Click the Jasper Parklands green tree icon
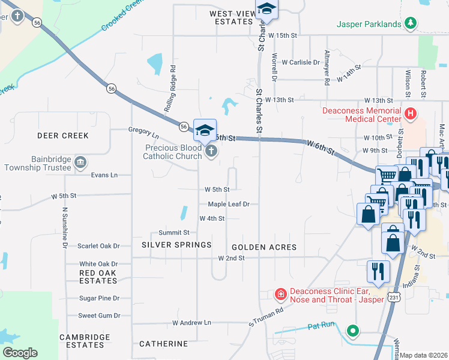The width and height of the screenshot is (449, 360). click(411, 23)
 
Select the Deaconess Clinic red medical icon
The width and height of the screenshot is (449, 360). click(280, 294)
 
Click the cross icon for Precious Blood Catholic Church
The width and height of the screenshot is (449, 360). click(211, 152)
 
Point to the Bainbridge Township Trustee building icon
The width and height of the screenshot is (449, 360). click(80, 162)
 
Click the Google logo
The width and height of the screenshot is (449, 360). click(20, 352)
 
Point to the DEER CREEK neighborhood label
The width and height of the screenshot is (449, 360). click(63, 136)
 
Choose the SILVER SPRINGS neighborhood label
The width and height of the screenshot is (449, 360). click(176, 245)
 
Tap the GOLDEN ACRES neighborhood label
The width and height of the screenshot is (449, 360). click(264, 247)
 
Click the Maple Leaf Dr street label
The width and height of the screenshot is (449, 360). click(228, 204)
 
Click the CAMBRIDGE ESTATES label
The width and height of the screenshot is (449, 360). click(85, 341)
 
